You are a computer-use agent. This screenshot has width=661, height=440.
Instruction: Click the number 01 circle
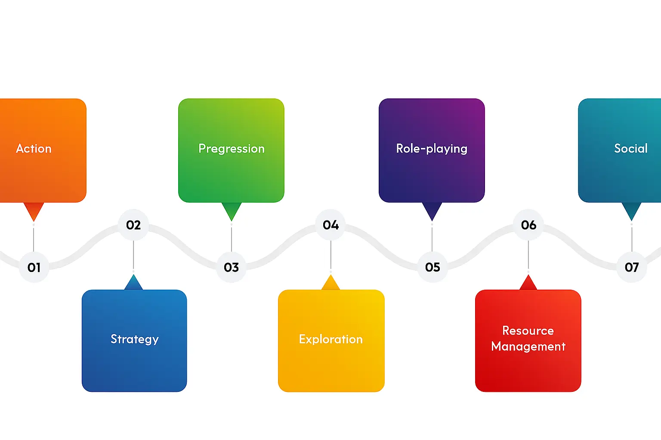[34, 267]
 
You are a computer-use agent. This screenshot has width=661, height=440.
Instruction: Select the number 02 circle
[133, 225]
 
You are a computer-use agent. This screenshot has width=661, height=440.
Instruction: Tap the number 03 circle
[231, 267]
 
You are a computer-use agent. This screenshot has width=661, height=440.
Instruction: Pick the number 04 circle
[330, 225]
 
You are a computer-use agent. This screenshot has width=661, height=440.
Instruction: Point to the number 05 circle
[432, 267]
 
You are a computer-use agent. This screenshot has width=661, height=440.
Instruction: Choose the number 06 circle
[528, 225]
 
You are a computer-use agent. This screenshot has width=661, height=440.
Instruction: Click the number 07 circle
[632, 267]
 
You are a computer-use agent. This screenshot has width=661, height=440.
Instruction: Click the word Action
[34, 149]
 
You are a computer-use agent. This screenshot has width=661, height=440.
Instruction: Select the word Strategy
[135, 339]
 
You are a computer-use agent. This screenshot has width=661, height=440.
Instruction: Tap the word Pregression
[232, 149]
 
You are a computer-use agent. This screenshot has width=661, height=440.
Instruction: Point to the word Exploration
[331, 339]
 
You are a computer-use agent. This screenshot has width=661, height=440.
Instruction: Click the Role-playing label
[432, 149]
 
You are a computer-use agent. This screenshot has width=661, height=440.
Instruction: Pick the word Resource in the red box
[528, 331]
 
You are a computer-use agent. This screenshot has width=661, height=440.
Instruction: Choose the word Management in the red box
[528, 346]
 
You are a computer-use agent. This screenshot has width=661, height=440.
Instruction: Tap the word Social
[630, 149]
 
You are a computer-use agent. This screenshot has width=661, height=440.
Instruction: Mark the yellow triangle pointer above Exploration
[330, 284]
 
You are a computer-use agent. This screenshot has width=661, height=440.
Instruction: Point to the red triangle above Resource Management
[528, 284]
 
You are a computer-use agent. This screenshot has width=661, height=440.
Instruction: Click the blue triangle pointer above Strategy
[133, 284]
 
